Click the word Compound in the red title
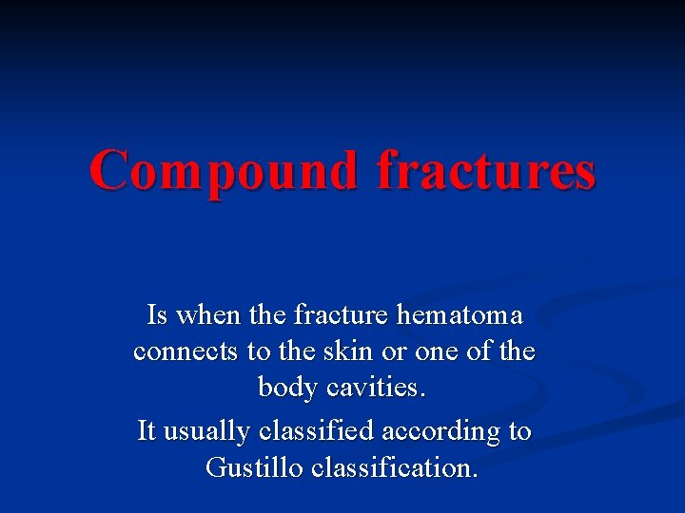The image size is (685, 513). click(225, 172)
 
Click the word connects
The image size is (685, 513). click(186, 351)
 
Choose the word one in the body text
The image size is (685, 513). click(439, 352)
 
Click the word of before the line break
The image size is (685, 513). click(484, 351)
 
